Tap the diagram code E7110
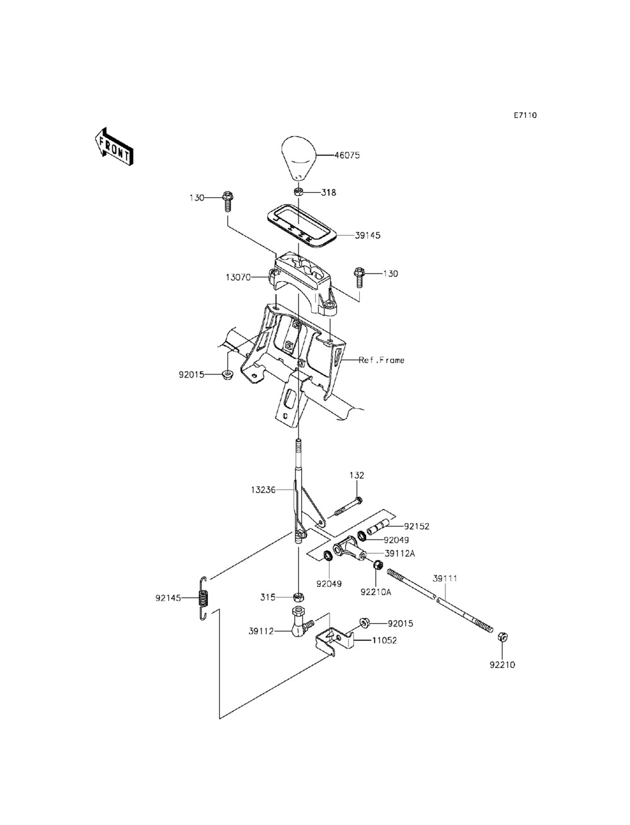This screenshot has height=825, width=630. point(525,115)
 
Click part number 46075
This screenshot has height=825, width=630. point(346,155)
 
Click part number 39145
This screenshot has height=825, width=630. point(367,235)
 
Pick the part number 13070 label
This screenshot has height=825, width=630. point(238,277)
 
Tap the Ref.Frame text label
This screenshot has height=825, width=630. point(381,360)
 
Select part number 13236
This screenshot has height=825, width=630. point(263,490)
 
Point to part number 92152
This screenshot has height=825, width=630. point(416,526)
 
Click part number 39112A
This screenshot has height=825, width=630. point(399,553)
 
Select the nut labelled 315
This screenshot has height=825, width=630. point(299,597)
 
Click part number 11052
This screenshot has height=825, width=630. point(385,640)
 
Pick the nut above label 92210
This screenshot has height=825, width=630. point(502,637)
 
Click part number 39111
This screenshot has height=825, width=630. point(445,579)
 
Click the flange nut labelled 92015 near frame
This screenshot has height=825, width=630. point(227,375)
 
